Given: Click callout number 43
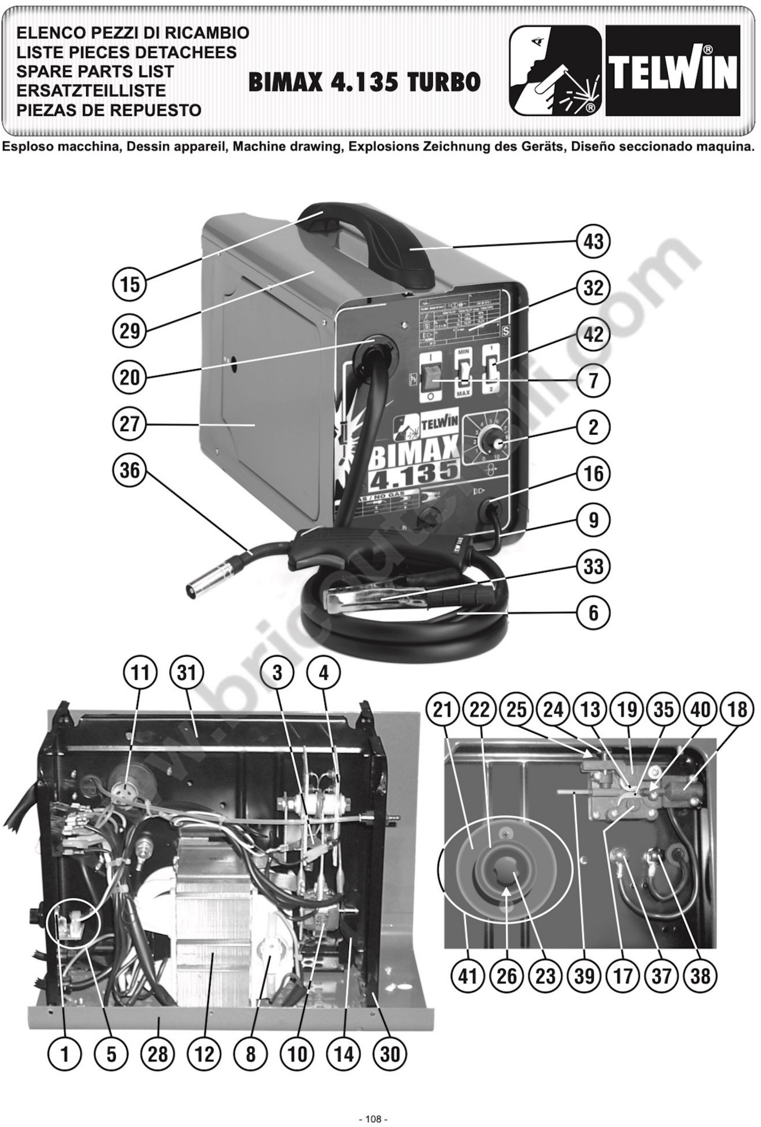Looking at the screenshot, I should pos(593,241).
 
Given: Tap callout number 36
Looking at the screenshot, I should pos(130,470).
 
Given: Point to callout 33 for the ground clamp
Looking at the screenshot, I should pos(593,566).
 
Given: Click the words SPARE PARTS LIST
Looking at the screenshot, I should pos(95,71).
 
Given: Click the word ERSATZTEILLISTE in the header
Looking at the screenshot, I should pos(91,91).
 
